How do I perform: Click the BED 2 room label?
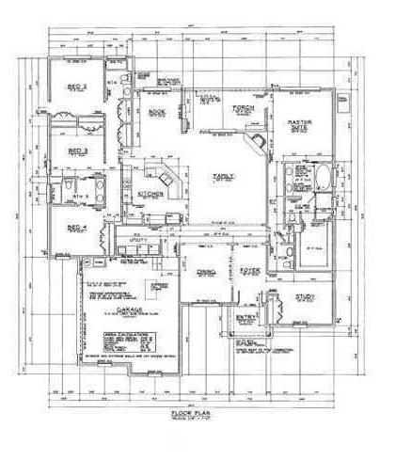click(x=77, y=87)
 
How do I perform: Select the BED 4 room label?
click(x=77, y=227)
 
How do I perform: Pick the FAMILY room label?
click(x=224, y=176)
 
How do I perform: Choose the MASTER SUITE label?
click(x=299, y=125)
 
